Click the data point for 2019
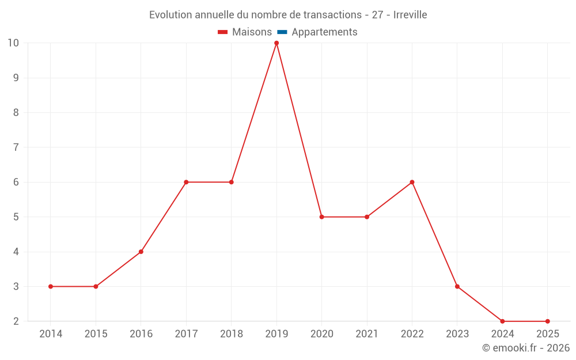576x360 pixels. (276, 43)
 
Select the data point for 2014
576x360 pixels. (51, 286)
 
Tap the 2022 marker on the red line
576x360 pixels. (412, 182)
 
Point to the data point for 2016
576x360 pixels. (141, 252)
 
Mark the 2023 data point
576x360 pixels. (457, 286)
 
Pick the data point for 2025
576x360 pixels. (547, 321)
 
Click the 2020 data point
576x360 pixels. (321, 217)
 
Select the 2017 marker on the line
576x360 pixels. (186, 182)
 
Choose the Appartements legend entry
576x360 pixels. (324, 32)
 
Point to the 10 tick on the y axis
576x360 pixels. (13, 43)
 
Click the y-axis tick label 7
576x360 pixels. (16, 147)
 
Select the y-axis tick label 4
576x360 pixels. (16, 252)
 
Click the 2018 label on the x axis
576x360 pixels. (232, 334)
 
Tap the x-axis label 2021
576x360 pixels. (367, 334)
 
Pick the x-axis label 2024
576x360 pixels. (502, 334)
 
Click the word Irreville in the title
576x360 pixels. (410, 15)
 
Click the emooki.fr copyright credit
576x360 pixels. (526, 348)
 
